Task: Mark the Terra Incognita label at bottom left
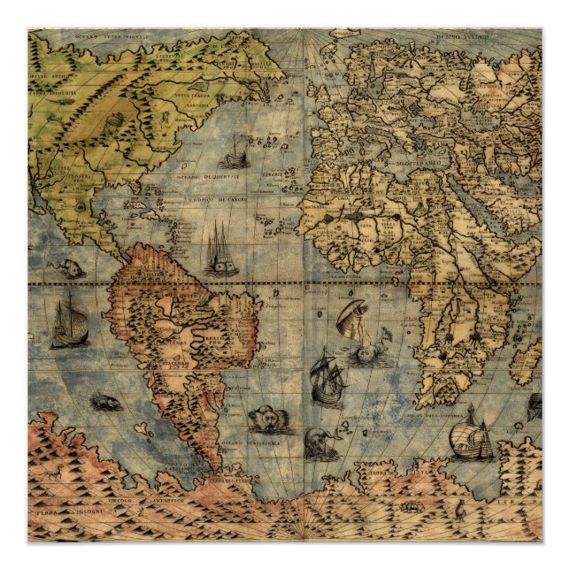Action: pyautogui.click(x=66, y=513)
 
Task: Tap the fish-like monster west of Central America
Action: pyautogui.click(x=71, y=267)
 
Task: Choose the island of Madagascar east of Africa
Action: pyautogui.click(x=526, y=365)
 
